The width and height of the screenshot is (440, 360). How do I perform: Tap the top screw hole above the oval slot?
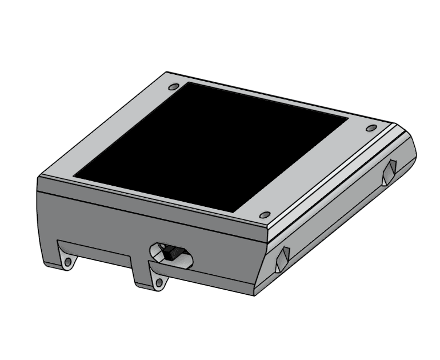[265, 215]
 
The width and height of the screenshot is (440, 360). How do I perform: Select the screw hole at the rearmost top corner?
[174, 87]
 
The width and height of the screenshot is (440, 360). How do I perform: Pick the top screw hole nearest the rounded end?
[371, 127]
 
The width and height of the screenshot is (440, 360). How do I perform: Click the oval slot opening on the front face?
[171, 255]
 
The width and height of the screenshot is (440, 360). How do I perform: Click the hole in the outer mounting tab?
[68, 262]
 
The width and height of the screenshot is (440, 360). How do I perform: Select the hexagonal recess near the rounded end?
[389, 172]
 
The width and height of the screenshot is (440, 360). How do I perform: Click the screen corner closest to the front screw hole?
[235, 213]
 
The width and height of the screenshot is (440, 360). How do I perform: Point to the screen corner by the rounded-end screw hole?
[348, 118]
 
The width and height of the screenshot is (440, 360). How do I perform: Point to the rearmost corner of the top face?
[167, 72]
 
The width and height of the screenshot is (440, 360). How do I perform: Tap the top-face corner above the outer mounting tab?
[38, 177]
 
